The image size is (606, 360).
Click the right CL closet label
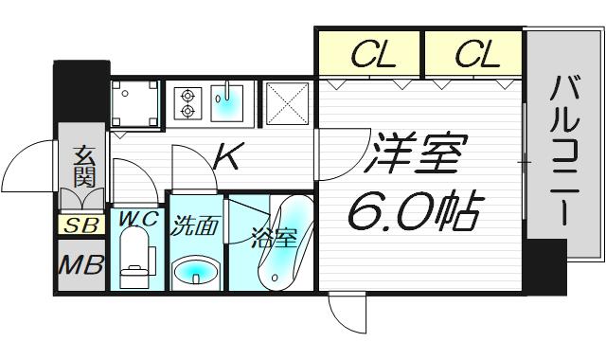pos(475,56)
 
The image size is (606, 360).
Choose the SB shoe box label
pos(79,225)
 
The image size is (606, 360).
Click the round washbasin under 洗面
pos(196,271)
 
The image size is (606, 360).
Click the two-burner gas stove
pos(187,103)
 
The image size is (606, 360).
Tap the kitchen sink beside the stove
pos(227,101)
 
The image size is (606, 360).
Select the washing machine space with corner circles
pos(135,102)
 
